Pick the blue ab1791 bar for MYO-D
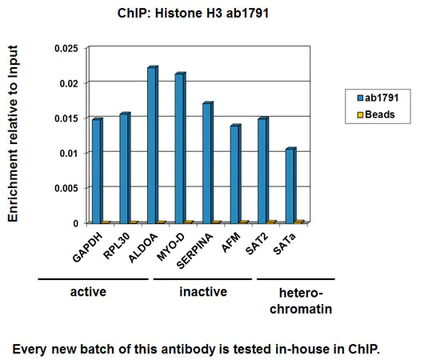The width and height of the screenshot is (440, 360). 180,148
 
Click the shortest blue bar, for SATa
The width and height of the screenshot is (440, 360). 290,185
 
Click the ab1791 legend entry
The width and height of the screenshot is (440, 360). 378,98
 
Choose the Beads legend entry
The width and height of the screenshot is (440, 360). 376,114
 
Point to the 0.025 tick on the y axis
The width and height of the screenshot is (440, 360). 66,48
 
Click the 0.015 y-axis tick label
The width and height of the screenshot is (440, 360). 66,118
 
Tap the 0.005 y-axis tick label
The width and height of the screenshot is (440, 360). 66,188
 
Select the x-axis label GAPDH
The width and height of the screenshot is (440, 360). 86,245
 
